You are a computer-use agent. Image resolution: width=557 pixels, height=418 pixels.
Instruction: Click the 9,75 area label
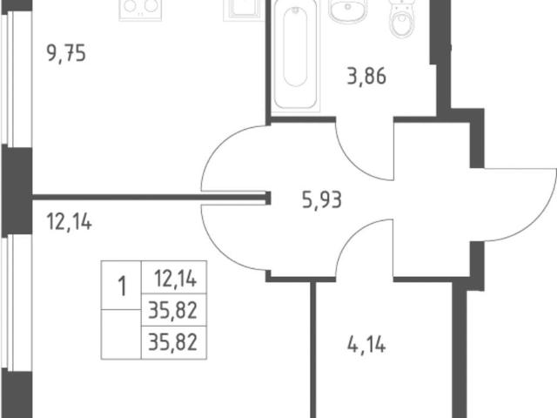pyautogui.click(x=66, y=54)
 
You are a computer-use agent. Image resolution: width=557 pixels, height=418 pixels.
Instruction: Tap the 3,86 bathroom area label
pyautogui.click(x=366, y=76)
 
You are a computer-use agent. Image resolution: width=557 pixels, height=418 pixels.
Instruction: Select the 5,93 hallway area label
pyautogui.click(x=322, y=199)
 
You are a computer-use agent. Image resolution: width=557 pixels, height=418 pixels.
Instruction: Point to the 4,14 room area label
pyautogui.click(x=366, y=345)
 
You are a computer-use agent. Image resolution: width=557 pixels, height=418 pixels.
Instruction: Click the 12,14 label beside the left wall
pyautogui.click(x=70, y=222)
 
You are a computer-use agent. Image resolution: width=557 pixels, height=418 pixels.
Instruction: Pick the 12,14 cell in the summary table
pyautogui.click(x=174, y=278)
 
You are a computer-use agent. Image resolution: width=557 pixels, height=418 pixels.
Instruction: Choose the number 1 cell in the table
pyautogui.click(x=121, y=285)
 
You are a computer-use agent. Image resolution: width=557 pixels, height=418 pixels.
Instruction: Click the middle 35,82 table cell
pyautogui.click(x=174, y=310)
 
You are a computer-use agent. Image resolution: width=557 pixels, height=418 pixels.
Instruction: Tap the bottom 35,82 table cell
pyautogui.click(x=174, y=342)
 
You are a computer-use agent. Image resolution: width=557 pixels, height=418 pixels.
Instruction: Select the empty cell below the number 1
pyautogui.click(x=121, y=334)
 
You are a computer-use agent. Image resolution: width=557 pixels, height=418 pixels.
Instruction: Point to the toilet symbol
pyautogui.click(x=402, y=18)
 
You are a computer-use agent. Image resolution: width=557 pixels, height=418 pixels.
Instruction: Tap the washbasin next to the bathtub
pyautogui.click(x=347, y=10)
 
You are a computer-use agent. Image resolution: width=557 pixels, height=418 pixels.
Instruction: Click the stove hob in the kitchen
pyautogui.click(x=140, y=10)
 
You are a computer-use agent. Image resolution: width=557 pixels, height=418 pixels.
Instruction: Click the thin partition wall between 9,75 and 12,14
pyautogui.click(x=149, y=196)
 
